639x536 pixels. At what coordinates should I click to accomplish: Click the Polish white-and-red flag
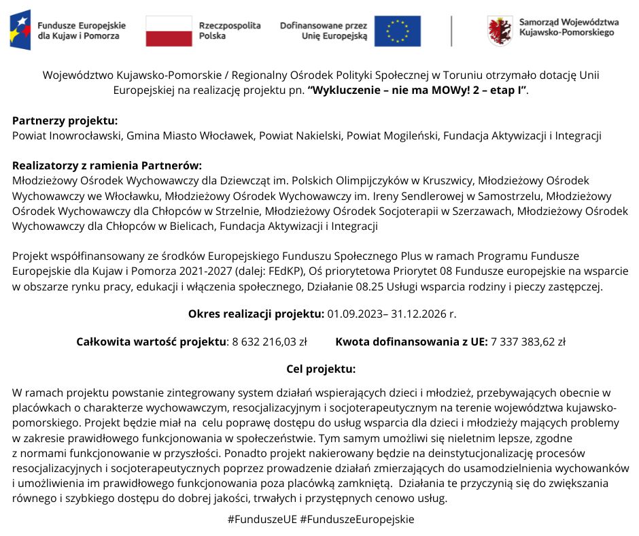(x=169, y=31)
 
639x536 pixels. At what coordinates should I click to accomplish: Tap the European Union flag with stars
(x=397, y=31)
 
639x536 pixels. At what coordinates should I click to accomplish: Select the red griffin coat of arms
(x=500, y=31)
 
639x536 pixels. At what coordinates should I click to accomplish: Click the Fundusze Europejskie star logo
(x=20, y=31)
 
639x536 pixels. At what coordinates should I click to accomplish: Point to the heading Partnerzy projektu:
(x=65, y=121)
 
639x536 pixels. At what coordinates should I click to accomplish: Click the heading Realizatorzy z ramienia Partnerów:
(x=107, y=165)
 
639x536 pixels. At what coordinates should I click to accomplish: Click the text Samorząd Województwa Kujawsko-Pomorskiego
(x=568, y=27)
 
